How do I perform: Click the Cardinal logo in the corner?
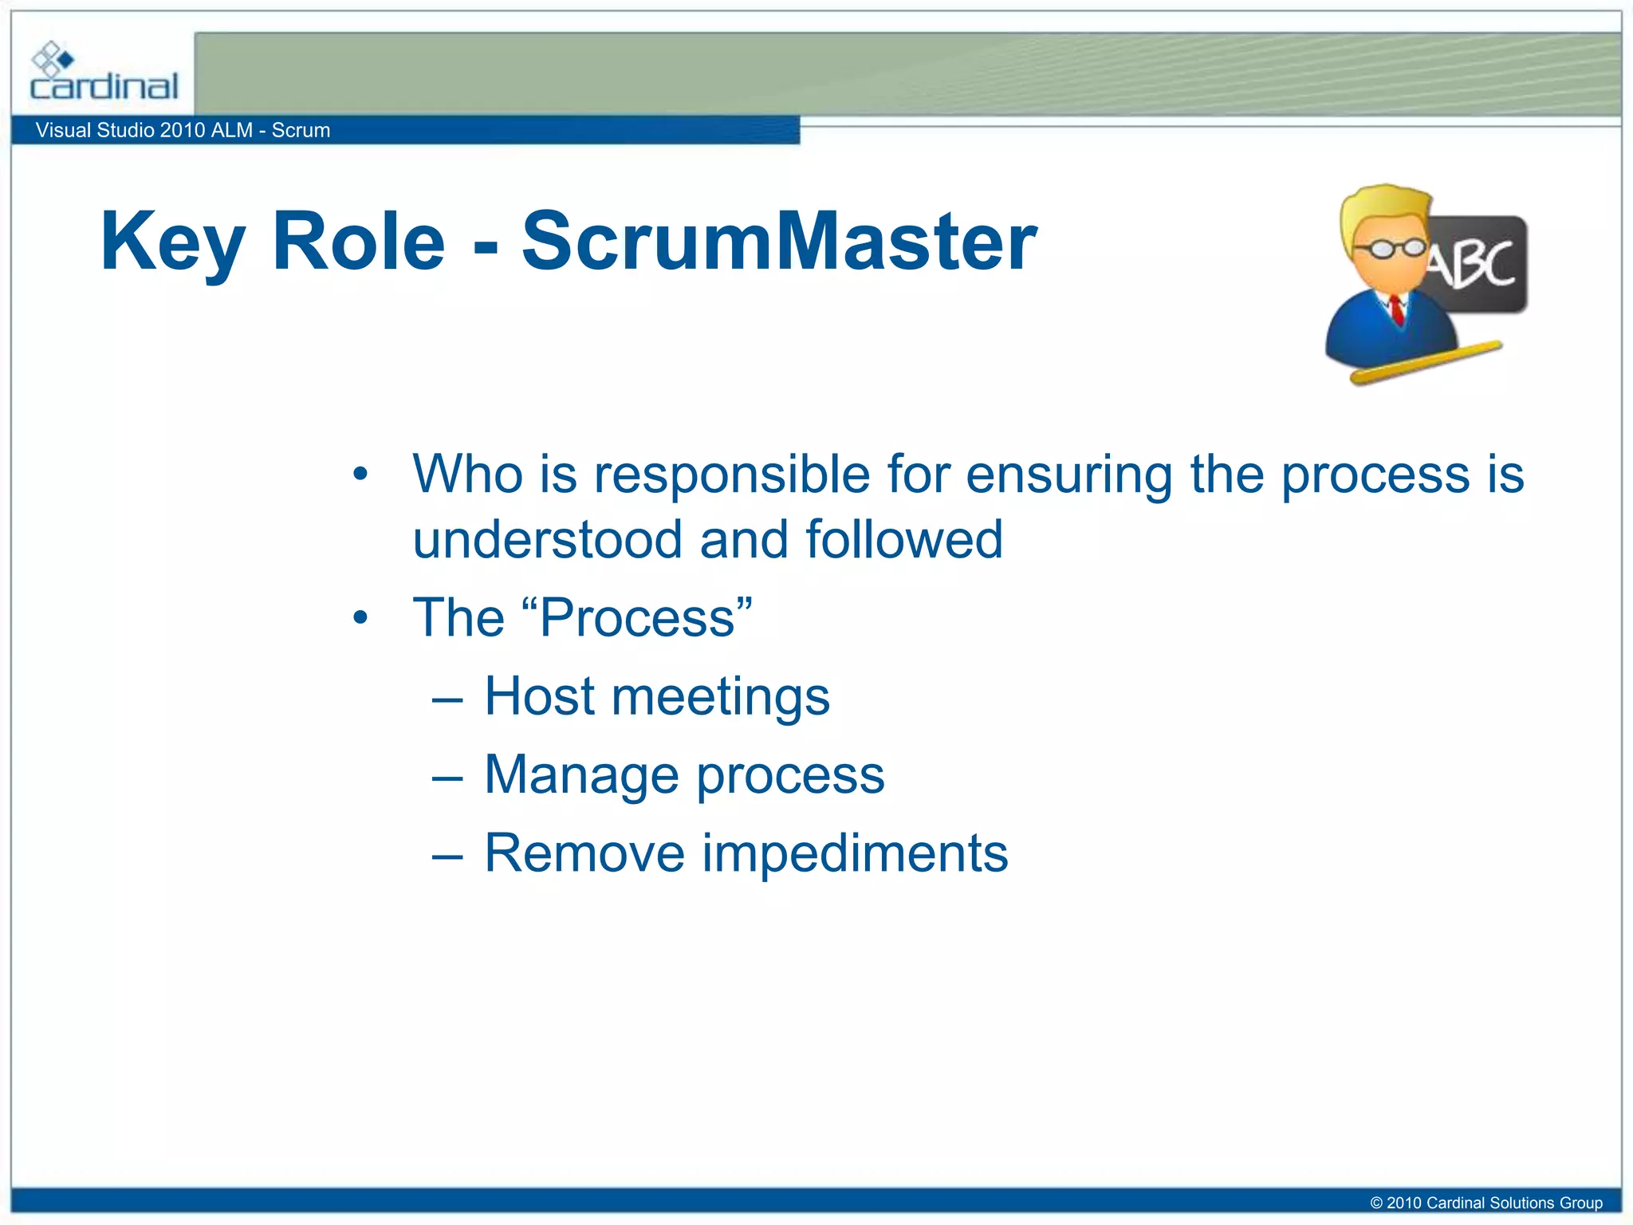(104, 73)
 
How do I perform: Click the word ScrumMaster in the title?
(779, 242)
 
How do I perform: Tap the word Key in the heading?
(171, 242)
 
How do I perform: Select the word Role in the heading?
(358, 242)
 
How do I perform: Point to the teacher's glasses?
(1392, 249)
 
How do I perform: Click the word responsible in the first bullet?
(731, 475)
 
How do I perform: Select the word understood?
(547, 540)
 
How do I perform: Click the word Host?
(539, 695)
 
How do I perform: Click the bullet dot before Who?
(360, 475)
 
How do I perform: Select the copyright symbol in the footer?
(1375, 1203)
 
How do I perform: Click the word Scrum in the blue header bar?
(301, 130)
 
